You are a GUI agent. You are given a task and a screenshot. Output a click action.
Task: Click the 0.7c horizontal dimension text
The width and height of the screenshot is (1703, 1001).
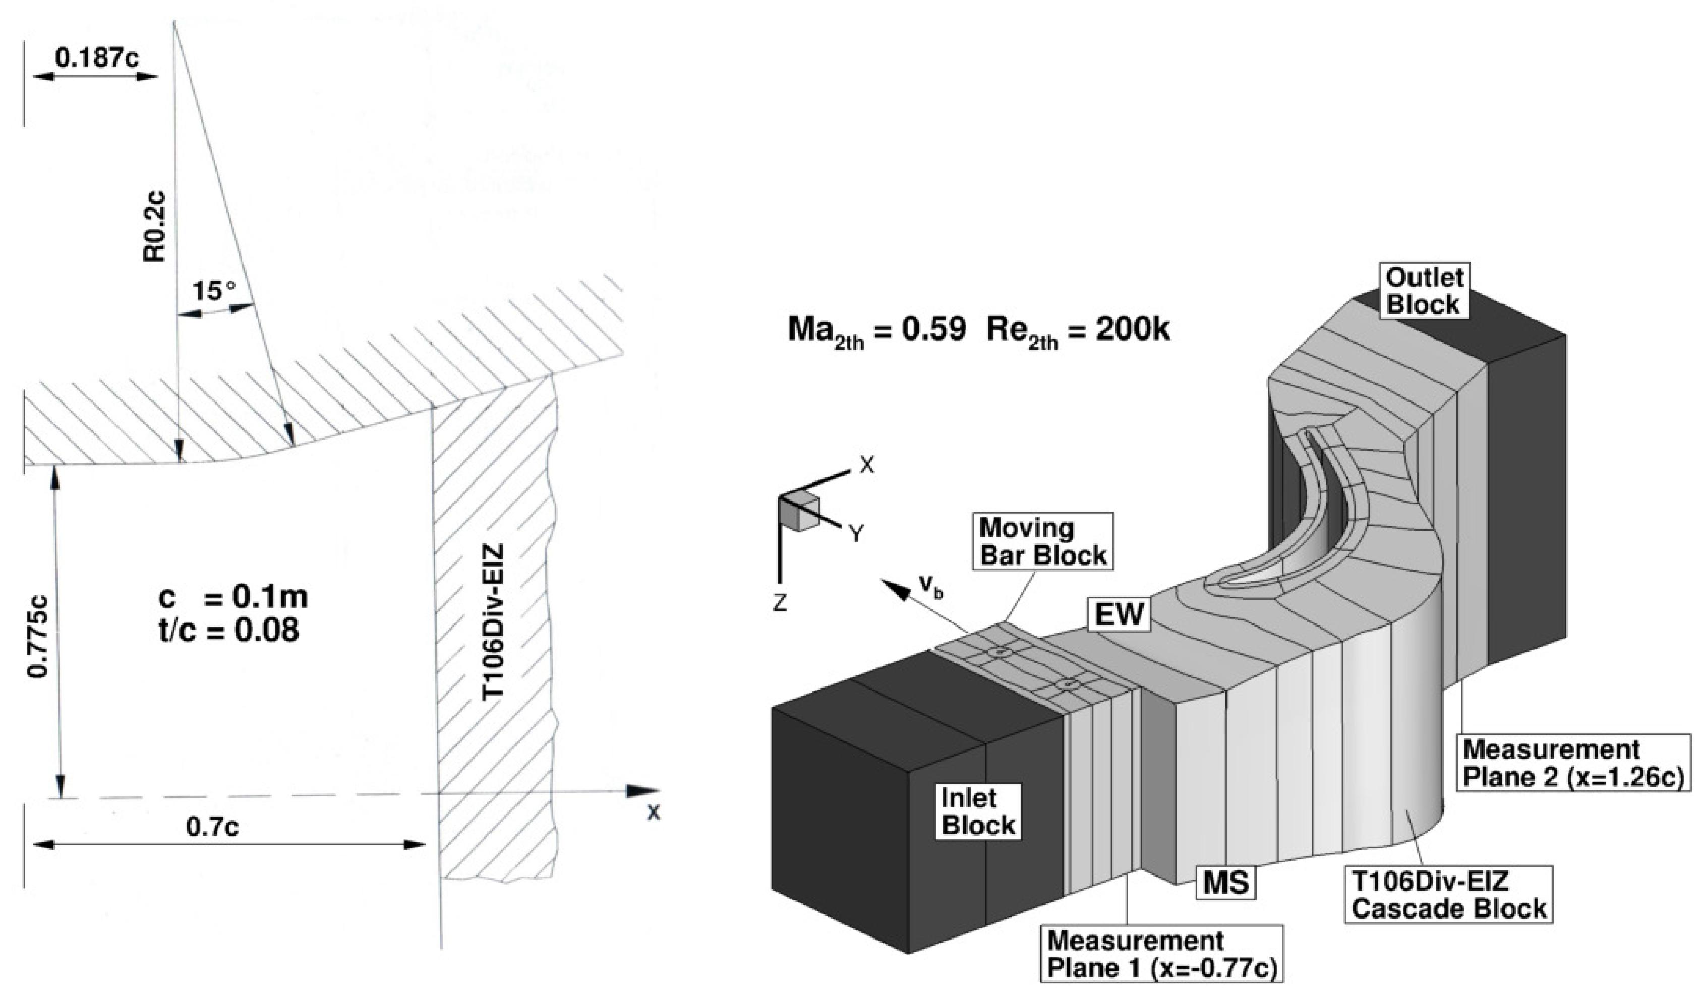tap(212, 826)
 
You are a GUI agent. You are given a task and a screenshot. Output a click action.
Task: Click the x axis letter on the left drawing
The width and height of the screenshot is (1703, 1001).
tap(653, 812)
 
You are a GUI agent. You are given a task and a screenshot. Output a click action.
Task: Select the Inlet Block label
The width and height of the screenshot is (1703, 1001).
tap(978, 812)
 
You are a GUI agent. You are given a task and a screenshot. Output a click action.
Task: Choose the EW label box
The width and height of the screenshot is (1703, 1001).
tap(1119, 614)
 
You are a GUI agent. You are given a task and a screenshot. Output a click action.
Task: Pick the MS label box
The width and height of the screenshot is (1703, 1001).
tap(1226, 883)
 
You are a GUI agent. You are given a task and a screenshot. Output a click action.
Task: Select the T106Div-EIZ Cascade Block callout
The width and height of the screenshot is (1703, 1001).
tap(1449, 895)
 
